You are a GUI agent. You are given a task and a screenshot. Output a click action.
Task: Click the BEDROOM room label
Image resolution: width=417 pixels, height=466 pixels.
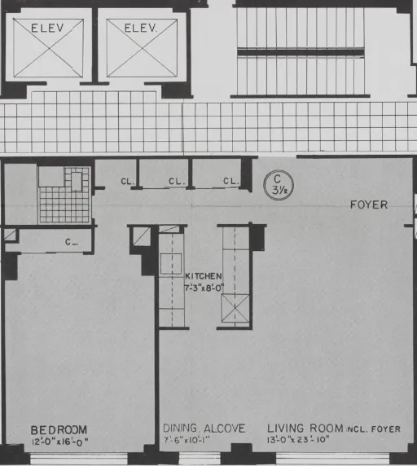(59, 429)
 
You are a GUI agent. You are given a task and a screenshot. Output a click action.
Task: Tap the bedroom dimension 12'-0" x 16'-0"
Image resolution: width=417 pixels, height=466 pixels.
(59, 442)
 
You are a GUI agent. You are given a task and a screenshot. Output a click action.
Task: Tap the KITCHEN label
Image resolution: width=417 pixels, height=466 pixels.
(203, 276)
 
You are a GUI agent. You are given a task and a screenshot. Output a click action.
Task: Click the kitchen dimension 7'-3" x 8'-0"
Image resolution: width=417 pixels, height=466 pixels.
(203, 288)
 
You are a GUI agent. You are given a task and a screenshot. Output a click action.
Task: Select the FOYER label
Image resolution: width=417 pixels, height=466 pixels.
(368, 204)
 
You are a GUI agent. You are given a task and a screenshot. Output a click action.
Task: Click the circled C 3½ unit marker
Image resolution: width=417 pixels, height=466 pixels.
(279, 184)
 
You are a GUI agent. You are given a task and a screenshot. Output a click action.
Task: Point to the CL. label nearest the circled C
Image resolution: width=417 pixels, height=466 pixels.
(230, 181)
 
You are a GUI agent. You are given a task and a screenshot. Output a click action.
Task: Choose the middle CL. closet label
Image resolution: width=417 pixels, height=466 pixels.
(176, 181)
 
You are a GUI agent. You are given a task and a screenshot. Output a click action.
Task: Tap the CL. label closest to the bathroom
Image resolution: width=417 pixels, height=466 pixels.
(127, 181)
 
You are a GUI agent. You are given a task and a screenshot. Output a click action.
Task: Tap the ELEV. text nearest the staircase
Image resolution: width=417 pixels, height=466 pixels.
(139, 29)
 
